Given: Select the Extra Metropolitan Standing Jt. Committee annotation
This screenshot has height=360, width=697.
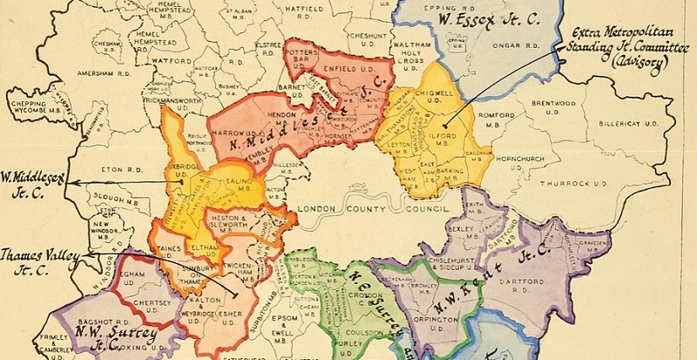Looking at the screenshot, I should [620, 48].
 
